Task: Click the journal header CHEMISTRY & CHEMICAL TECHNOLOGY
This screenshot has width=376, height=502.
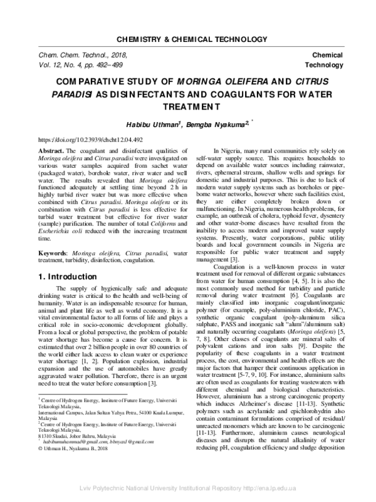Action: [187, 39]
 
